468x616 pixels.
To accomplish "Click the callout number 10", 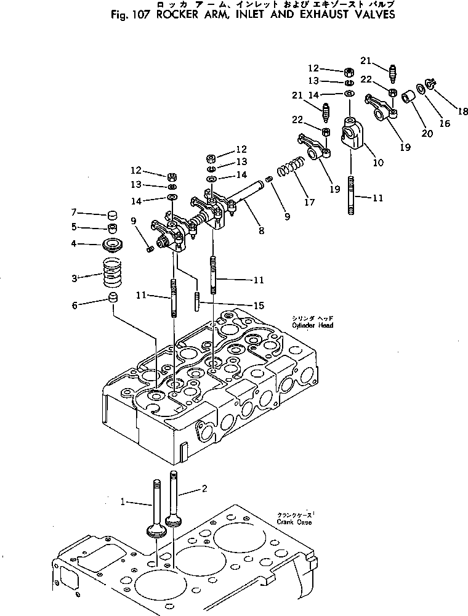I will tap(377, 163).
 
